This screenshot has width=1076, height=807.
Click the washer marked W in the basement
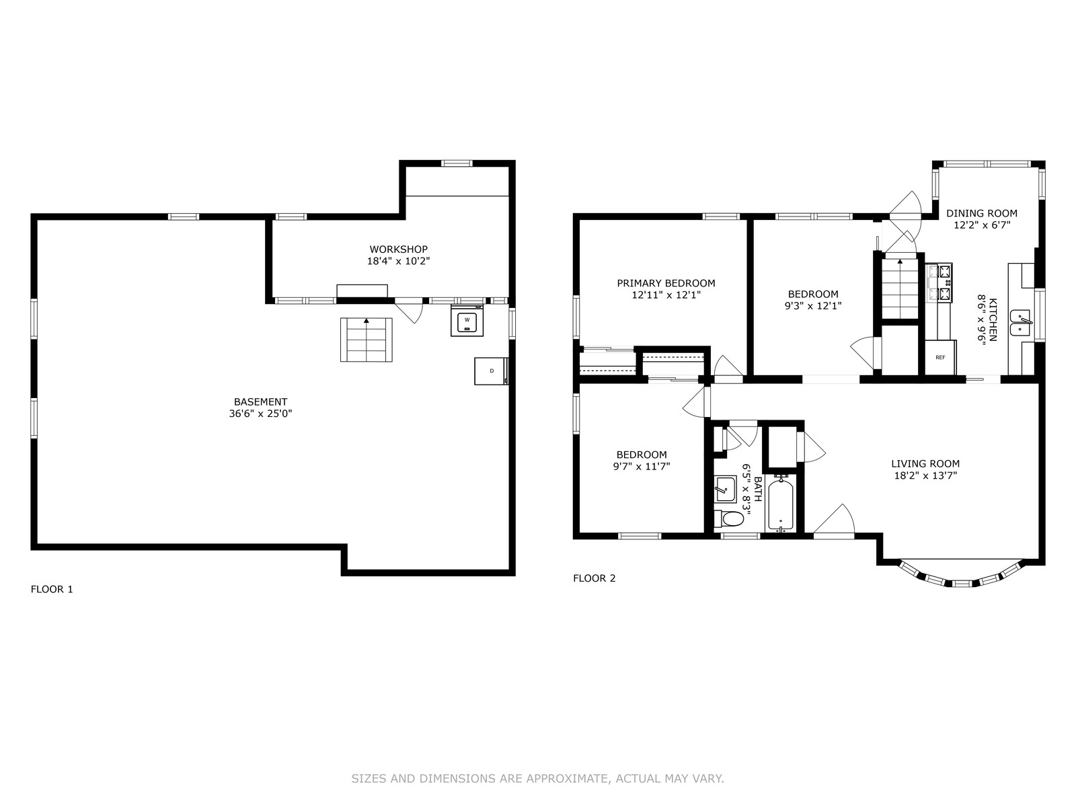[467, 321]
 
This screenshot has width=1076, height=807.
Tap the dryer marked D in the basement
[491, 371]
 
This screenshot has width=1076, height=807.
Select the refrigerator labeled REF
[940, 357]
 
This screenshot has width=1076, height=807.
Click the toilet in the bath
[728, 518]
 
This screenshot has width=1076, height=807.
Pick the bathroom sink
[725, 489]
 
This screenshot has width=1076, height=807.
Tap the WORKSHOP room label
[398, 249]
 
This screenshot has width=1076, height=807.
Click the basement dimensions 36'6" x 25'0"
[260, 414]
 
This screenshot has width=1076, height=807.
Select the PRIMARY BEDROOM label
[666, 283]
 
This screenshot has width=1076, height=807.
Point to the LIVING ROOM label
[925, 463]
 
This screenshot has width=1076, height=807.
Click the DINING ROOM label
[981, 213]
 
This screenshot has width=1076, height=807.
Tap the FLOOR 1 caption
[52, 590]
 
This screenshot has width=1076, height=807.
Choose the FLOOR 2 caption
[594, 578]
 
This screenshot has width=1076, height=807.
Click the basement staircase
[367, 340]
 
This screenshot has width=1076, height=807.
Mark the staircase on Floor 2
[900, 289]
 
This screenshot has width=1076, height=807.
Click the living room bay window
[960, 576]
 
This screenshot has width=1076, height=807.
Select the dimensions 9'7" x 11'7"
[641, 467]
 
